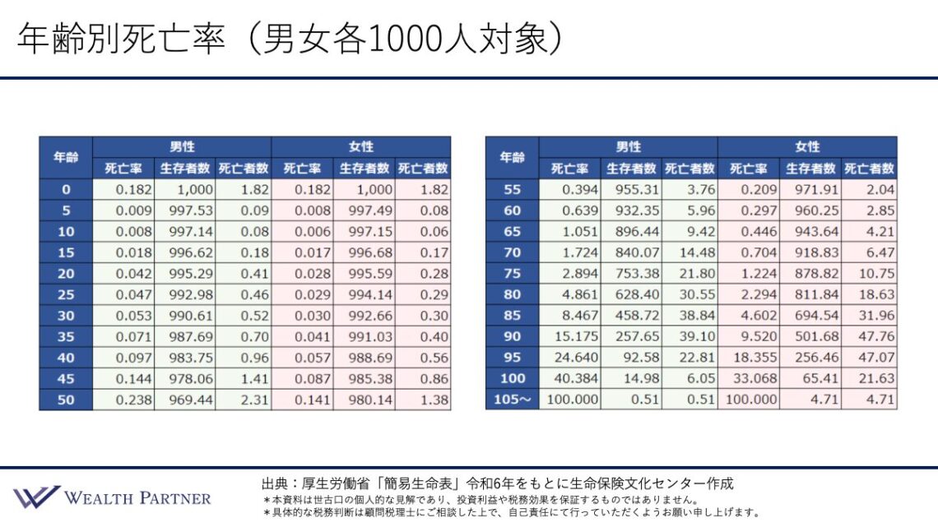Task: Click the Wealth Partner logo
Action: pos(112,497)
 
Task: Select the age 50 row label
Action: pos(66,400)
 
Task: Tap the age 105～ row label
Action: pos(512,400)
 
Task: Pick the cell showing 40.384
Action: pos(569,378)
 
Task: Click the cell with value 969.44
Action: pos(185,400)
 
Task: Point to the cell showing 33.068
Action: pos(749,378)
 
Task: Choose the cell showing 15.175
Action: pos(569,336)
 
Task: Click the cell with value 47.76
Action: pos(870,336)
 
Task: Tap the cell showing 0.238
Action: pos(123,400)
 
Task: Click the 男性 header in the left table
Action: pos(182,147)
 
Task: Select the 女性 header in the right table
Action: pos(807,147)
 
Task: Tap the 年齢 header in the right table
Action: pos(512,158)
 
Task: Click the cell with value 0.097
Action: pos(123,358)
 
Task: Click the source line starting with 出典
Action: pos(497,483)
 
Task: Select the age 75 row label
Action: pos(512,273)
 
